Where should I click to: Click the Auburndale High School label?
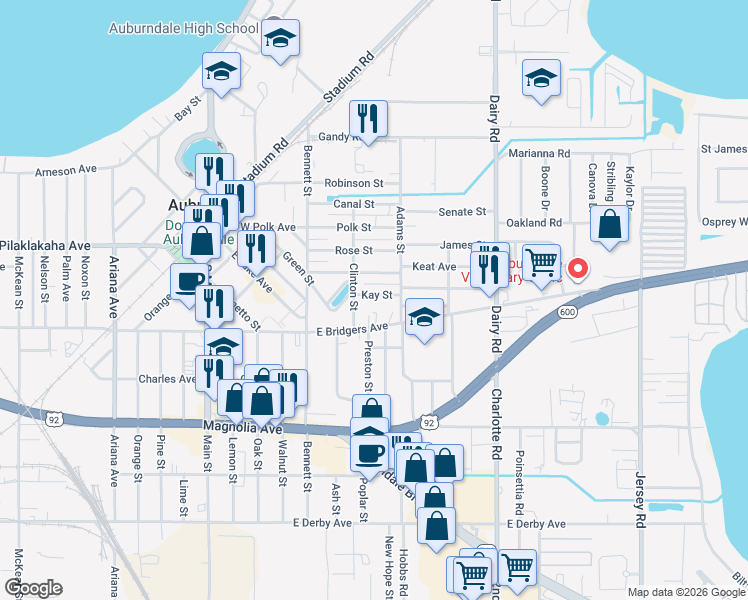pos(183,28)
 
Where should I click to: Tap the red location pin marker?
pos(576,267)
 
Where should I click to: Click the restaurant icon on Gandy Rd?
pos(368,120)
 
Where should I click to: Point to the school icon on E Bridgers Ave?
pos(424,319)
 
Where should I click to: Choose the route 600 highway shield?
pos(568,313)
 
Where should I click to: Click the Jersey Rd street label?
pos(640,501)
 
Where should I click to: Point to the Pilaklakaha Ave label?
pos(45,245)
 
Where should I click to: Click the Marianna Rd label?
pos(538,154)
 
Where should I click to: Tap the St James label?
pos(724,149)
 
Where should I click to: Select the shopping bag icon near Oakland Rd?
pos(609,225)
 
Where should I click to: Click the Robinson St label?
pos(354,184)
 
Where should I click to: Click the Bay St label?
pos(188,108)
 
